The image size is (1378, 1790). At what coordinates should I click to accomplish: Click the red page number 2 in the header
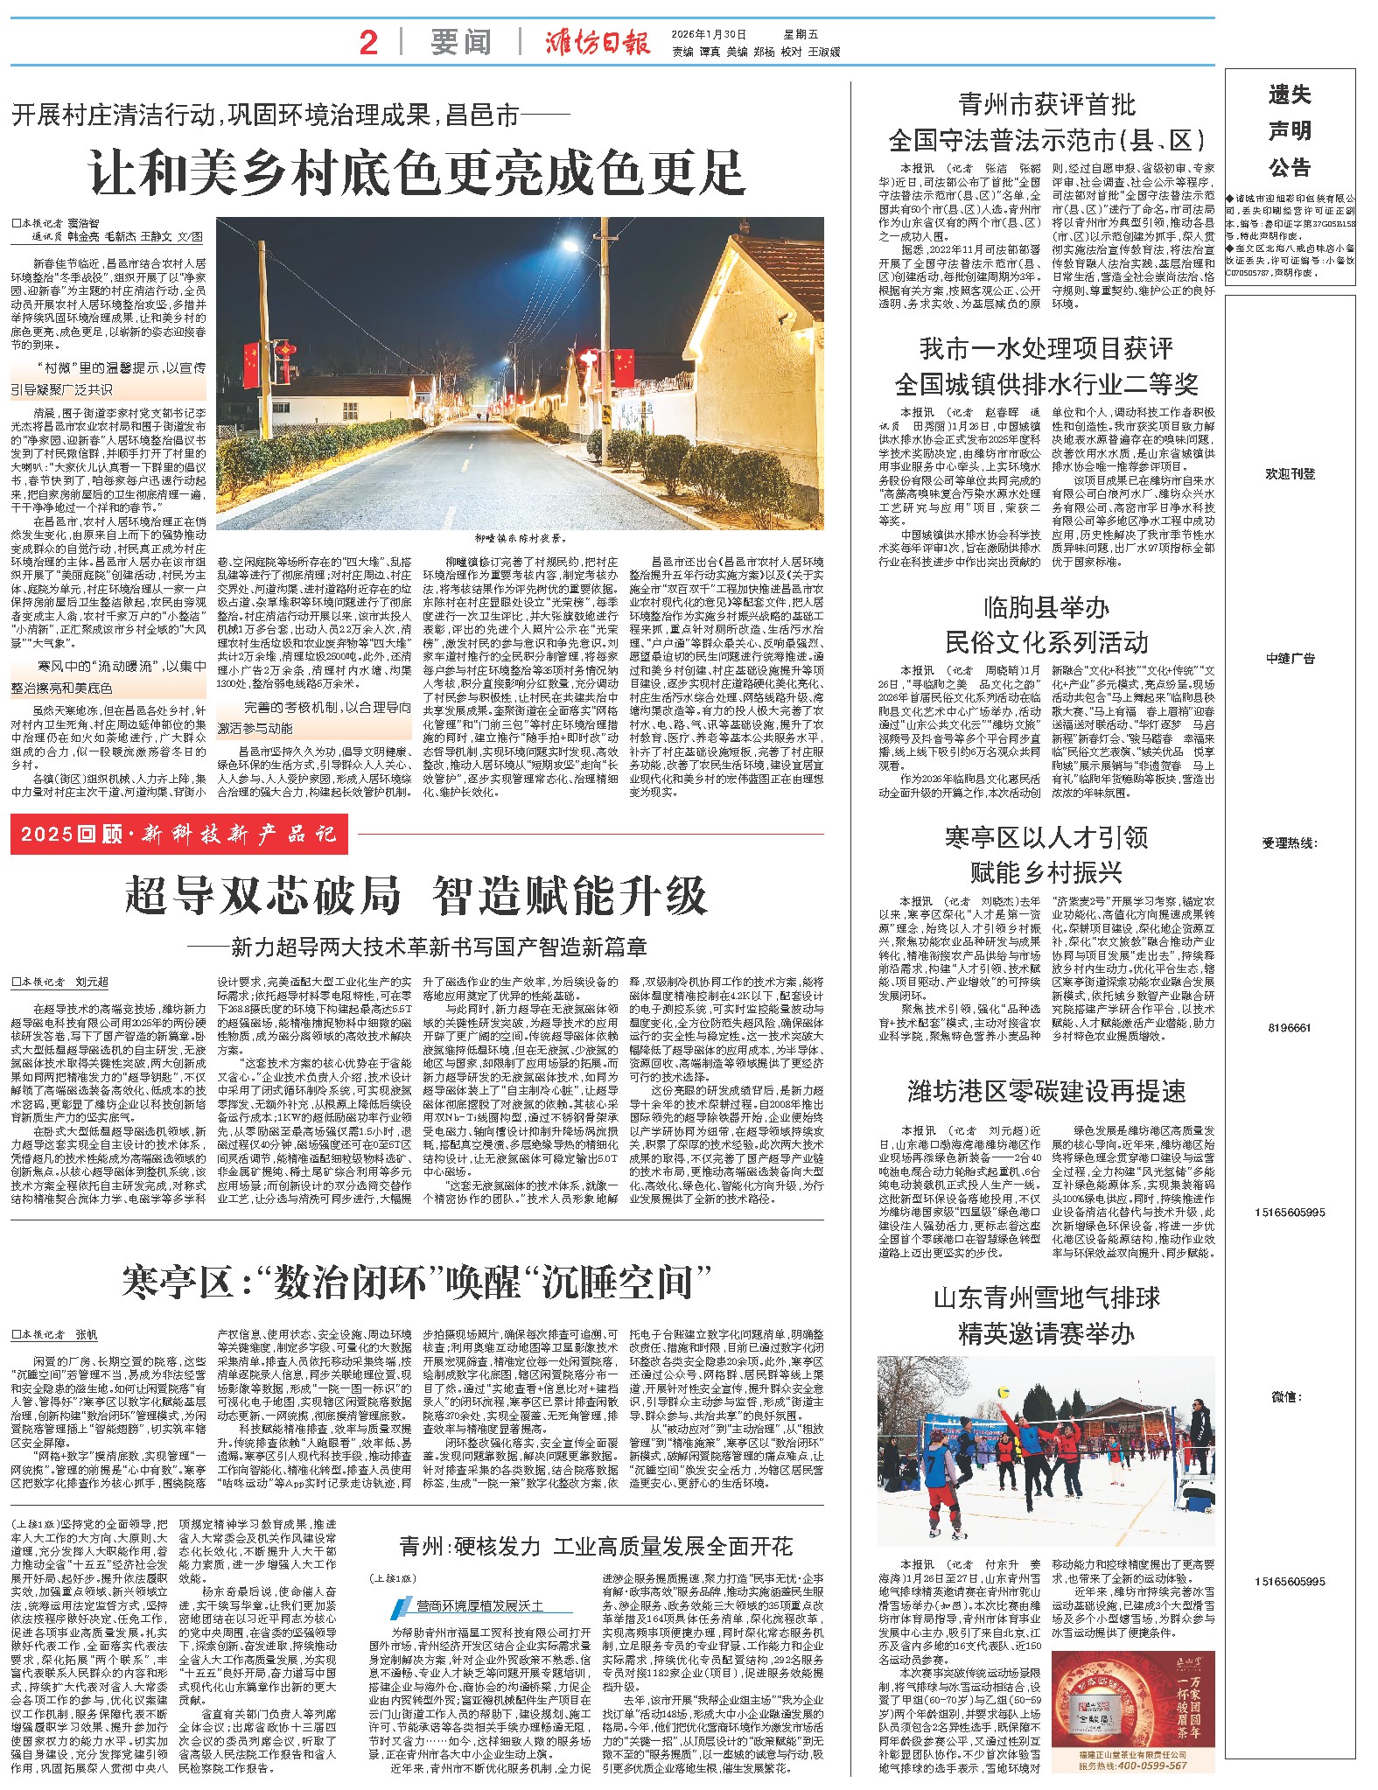368,42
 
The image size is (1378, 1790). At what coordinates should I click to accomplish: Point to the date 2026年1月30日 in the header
710,34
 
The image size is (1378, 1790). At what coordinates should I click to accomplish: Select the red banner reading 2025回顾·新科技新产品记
179,834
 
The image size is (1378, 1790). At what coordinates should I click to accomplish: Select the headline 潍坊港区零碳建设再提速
1046,1091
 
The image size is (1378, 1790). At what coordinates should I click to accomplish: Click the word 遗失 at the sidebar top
1290,95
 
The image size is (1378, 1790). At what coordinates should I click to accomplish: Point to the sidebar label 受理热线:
1290,843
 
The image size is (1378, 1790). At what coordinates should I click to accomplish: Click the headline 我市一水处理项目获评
1046,348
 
